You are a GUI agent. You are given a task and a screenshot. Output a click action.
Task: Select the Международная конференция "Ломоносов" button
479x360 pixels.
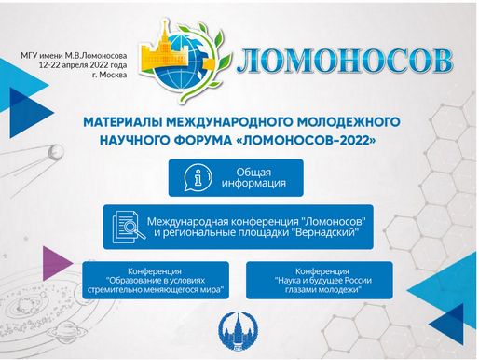(239, 226)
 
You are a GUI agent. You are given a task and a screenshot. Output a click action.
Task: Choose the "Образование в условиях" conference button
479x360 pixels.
(157, 279)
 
